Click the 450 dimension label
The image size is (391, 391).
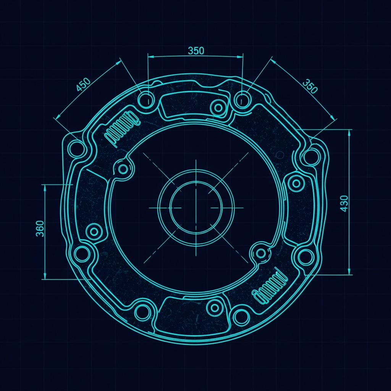coord(83,84)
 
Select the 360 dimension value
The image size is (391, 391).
coord(40,228)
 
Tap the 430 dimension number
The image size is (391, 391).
coord(344,204)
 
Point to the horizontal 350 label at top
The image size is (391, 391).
coord(196,51)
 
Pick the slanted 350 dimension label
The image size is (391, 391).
coord(310,86)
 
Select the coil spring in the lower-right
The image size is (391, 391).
coord(270,286)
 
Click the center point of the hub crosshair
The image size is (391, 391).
coord(196,208)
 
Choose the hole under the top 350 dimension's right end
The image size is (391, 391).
coord(242,99)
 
